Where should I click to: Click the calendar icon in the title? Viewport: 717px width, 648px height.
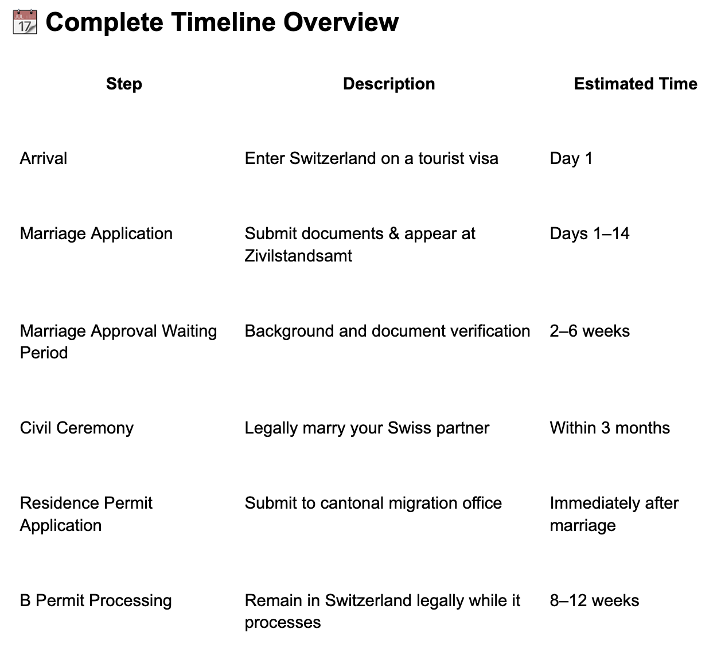[25, 22]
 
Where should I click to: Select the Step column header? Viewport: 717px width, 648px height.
[124, 84]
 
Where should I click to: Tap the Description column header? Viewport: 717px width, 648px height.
[389, 84]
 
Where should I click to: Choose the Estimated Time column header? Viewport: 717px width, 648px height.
[636, 84]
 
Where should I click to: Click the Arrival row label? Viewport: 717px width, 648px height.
[44, 158]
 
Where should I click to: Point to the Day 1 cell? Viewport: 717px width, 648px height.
[571, 158]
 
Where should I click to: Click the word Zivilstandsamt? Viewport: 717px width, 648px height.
[298, 256]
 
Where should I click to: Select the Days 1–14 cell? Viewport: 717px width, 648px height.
[590, 233]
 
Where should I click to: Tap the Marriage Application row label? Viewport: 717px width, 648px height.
[96, 233]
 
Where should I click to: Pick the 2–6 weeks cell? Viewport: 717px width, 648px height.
[590, 331]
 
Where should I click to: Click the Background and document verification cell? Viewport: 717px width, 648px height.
[387, 331]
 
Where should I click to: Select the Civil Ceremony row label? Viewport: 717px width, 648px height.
[77, 428]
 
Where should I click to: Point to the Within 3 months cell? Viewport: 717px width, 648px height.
[610, 428]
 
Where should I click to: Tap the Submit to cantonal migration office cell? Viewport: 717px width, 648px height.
[373, 503]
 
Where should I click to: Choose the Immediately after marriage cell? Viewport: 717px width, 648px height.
[614, 514]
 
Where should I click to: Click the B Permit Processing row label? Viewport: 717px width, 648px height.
[96, 600]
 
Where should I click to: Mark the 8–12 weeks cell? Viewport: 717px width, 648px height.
[594, 600]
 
